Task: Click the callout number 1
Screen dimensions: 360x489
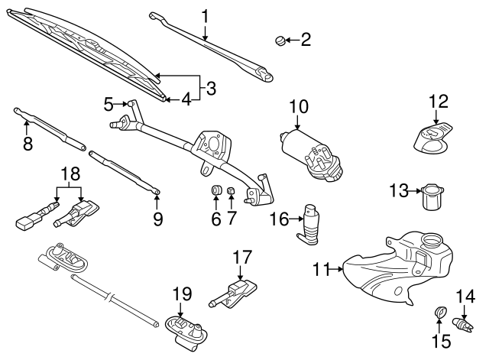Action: point(205,15)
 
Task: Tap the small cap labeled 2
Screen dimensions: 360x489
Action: point(280,39)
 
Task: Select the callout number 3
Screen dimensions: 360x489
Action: point(211,88)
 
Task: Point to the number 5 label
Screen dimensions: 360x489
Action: point(109,102)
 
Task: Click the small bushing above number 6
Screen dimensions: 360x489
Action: point(215,190)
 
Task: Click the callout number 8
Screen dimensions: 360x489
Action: point(28,143)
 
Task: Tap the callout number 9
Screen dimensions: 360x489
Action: point(157,220)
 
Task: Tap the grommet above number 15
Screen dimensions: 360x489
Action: point(439,311)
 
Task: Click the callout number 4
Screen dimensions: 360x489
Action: point(186,99)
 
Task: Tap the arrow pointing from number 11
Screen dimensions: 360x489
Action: point(335,268)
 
